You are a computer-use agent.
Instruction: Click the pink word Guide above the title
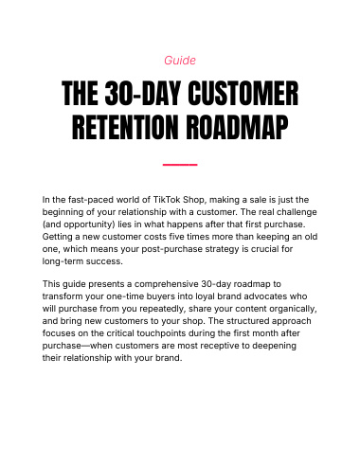click(x=180, y=60)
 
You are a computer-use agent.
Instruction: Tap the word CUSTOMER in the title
click(x=243, y=94)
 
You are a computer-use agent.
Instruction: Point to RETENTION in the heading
click(x=125, y=127)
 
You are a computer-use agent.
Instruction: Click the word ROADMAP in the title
click(x=237, y=127)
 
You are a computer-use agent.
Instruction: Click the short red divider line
click(x=180, y=165)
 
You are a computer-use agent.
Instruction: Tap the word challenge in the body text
click(x=297, y=212)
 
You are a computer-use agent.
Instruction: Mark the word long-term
click(x=63, y=261)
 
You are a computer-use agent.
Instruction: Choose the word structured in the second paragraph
click(x=247, y=321)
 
